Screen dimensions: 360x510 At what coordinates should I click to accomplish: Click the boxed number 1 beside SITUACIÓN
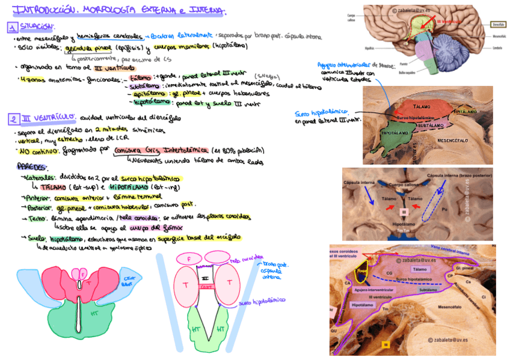12,27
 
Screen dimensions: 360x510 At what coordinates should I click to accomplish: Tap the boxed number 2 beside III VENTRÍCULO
13,118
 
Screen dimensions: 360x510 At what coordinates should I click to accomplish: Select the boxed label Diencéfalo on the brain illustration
497,25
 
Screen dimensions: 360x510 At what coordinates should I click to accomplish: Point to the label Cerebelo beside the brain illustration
496,48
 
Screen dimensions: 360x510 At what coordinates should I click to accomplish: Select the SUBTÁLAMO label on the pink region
431,125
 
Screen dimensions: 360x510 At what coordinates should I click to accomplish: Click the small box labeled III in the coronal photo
405,212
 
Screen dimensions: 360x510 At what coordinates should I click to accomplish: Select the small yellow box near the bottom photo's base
386,344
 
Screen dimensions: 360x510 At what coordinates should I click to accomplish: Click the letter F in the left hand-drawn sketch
82,275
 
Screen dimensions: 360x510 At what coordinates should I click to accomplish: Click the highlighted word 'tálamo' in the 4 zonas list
140,78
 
